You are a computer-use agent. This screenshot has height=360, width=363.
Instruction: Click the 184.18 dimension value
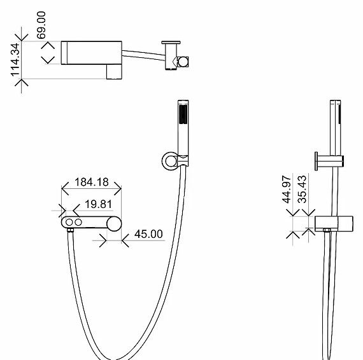[x=92, y=182]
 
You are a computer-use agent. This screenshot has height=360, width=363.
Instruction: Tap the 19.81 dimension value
[x=98, y=204]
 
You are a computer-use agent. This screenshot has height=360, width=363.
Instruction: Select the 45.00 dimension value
[x=148, y=234]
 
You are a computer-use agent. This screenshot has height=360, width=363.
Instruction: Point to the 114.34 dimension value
[x=16, y=60]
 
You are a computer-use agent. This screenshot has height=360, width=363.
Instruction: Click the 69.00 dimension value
[x=41, y=25]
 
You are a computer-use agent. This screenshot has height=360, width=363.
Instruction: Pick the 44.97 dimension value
[x=287, y=190]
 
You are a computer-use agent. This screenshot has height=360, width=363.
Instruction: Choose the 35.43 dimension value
[x=302, y=190]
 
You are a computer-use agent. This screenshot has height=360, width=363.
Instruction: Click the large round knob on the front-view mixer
[x=114, y=224]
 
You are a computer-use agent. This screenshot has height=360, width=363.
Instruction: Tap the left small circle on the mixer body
[x=69, y=223]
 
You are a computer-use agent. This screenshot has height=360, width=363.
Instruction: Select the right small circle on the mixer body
[x=78, y=223]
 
